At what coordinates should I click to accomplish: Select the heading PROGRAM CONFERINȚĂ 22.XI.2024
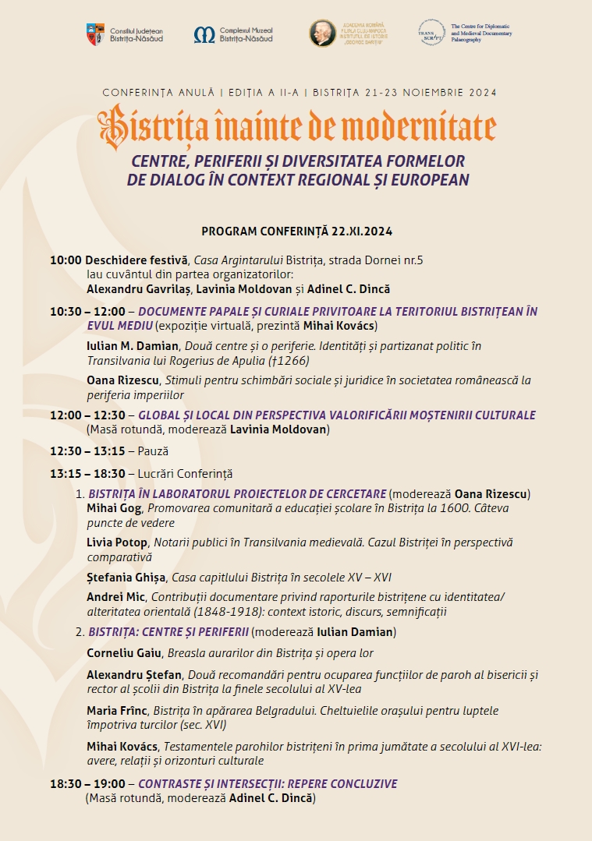[x=296, y=231]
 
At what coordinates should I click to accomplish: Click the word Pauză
[x=153, y=451]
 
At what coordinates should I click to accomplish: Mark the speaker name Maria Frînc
[x=118, y=711]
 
